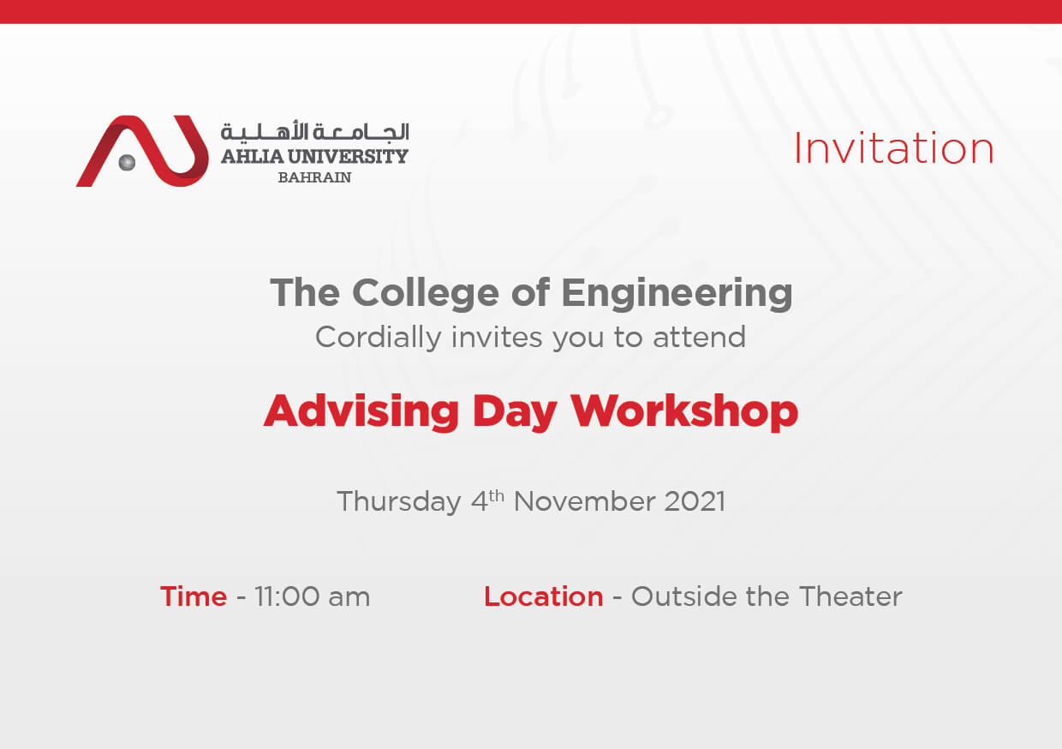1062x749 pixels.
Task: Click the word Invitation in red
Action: (x=893, y=149)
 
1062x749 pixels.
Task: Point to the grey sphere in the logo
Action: (x=127, y=162)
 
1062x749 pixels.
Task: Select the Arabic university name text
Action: (x=314, y=131)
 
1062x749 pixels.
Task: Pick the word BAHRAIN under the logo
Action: (x=314, y=178)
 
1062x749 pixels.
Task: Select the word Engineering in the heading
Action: (x=677, y=293)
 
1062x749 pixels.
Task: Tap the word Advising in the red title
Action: (x=361, y=412)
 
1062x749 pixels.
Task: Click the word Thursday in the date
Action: (x=398, y=501)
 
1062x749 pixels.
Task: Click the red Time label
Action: (x=194, y=596)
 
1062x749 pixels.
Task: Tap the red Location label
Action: (x=543, y=596)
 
